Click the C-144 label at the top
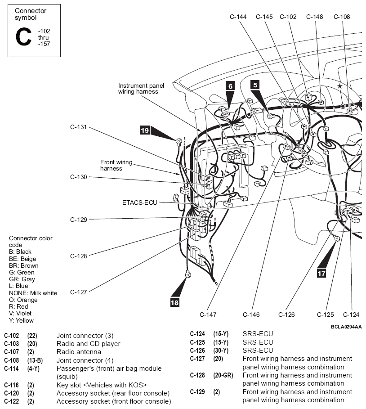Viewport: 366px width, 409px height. coord(238,17)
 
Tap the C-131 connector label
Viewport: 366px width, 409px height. coord(79,127)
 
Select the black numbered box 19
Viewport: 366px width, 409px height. coord(145,130)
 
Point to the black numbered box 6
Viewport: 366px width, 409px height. coord(230,86)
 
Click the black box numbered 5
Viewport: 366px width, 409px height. coord(255,85)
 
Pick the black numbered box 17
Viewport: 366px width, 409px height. coord(321,274)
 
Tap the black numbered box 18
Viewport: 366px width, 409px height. coord(174,302)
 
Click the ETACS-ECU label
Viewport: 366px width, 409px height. coord(140,202)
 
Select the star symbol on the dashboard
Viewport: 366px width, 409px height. coord(339,86)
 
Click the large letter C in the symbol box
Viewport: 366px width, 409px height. coord(23,37)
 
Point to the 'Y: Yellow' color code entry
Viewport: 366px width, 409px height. coord(22,320)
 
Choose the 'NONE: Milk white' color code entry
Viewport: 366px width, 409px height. coord(33,293)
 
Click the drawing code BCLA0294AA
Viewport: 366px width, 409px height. coord(346,327)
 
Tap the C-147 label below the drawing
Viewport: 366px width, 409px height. coord(208,315)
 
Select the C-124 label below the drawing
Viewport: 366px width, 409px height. coord(351,315)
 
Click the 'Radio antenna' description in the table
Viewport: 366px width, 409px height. coord(79,352)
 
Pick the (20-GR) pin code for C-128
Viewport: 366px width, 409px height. coord(223,375)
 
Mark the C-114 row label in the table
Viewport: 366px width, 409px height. coord(12,369)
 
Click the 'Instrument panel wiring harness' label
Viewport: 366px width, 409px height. coord(141,89)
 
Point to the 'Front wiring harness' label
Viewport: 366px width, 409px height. coord(116,165)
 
